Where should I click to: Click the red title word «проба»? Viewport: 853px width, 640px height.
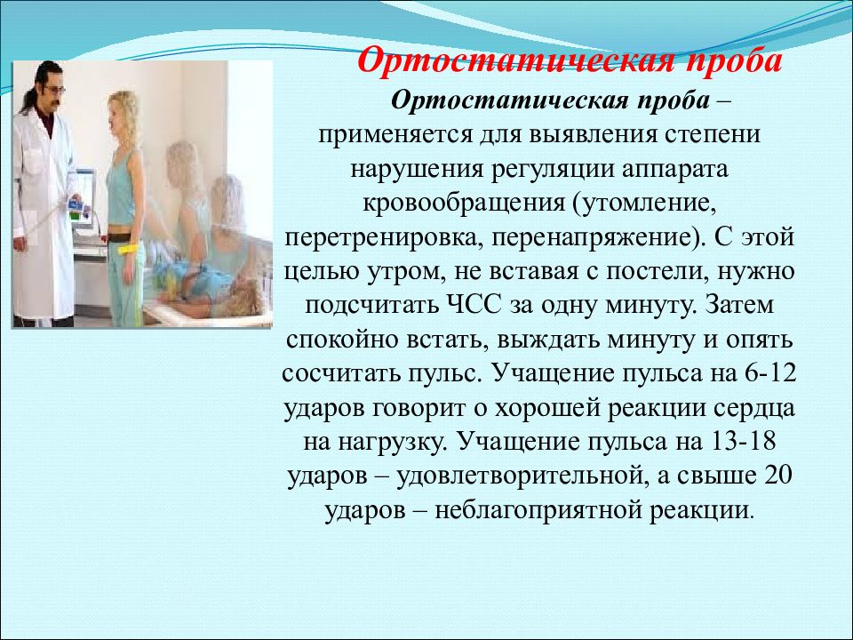[733, 61]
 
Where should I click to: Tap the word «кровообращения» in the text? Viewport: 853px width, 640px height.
[464, 204]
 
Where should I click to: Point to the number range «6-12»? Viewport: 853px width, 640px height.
[769, 372]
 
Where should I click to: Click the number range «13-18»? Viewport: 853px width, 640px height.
[743, 441]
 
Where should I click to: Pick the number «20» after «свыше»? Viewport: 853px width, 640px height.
[778, 475]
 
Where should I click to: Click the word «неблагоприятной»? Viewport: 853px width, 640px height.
[538, 510]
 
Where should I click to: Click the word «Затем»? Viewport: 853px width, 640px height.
[739, 305]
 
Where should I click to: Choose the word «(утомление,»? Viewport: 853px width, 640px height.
[643, 204]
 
